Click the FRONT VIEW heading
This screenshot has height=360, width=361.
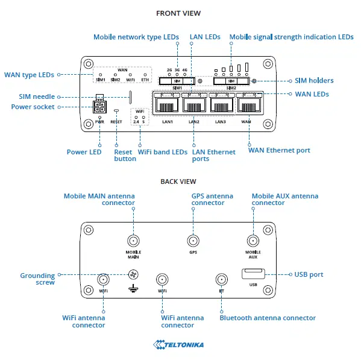coord(178,13)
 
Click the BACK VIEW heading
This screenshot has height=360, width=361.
coord(178,181)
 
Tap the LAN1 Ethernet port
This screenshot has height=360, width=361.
coord(167,105)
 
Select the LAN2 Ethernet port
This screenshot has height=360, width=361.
coord(193,105)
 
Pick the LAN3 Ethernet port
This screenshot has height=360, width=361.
coord(221,105)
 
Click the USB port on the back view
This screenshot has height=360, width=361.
coord(253,274)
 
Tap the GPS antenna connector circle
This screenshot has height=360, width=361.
coord(192,239)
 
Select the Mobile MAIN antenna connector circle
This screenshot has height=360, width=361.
coord(133,239)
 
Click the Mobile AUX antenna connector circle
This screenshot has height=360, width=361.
coord(253,239)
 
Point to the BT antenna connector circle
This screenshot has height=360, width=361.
coord(222,279)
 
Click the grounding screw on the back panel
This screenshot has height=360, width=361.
coord(133,276)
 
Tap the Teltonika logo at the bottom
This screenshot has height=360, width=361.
coord(178,345)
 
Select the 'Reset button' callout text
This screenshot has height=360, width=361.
coord(125,156)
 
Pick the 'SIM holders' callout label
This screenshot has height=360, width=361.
coord(313,81)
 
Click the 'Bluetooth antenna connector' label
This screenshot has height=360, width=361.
coord(267,318)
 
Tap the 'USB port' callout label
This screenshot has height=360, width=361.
coord(309,274)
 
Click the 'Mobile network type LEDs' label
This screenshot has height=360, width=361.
coord(136,37)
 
